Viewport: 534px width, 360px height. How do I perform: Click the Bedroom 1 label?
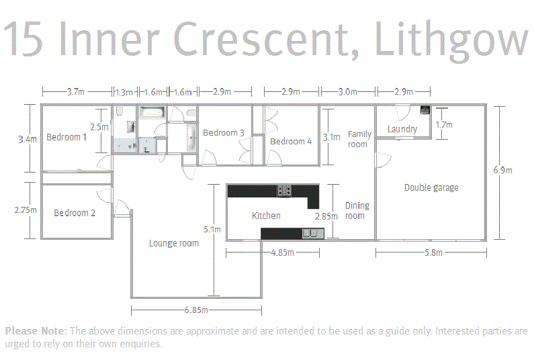[66, 137]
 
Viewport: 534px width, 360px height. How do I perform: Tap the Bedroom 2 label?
[75, 213]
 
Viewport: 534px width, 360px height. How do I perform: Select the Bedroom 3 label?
[224, 133]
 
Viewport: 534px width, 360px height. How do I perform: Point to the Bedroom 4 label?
[291, 141]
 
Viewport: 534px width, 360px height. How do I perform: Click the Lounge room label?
[174, 243]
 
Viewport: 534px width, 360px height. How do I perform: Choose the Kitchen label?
[266, 216]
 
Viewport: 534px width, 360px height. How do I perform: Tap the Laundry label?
[402, 129]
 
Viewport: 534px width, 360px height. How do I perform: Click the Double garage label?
[431, 187]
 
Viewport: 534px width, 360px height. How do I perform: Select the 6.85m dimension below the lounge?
[196, 310]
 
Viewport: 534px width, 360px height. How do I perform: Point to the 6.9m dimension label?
[502, 171]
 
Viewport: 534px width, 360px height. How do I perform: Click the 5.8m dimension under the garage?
[433, 253]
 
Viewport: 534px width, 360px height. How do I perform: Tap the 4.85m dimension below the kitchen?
[282, 253]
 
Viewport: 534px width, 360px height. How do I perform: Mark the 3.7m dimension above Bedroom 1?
[76, 92]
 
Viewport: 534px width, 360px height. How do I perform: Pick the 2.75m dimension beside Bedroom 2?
[26, 210]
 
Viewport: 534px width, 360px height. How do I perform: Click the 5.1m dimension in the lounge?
[212, 230]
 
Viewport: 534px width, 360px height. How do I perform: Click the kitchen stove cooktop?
[284, 191]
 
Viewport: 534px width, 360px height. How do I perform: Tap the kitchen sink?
[313, 233]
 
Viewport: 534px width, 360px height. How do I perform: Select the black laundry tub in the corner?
[425, 109]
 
